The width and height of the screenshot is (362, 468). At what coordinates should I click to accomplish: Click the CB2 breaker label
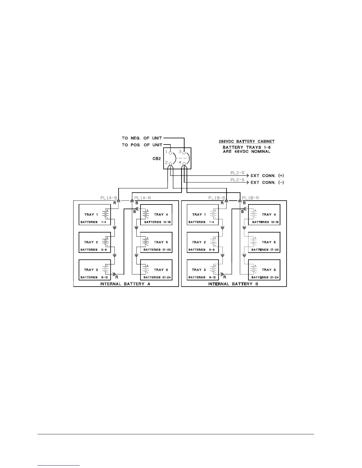pos(157,158)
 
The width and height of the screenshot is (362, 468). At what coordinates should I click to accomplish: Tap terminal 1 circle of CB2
pos(170,153)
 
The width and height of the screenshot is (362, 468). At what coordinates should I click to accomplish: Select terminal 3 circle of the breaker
pos(184,153)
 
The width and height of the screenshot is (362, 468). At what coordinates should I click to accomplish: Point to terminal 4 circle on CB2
pos(184,163)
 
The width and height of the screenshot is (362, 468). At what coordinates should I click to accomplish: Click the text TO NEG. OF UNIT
pos(142,138)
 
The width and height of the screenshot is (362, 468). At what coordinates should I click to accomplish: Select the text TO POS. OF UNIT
pos(142,145)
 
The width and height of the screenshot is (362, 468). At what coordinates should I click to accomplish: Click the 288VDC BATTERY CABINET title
pos(246,142)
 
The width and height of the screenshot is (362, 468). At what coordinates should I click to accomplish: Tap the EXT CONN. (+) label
pos(267,176)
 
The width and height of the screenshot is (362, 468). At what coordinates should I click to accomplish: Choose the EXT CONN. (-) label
pos(267,183)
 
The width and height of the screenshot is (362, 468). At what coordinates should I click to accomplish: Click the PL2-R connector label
pos(237,173)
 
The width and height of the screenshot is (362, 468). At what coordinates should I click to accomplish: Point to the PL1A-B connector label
pos(109,198)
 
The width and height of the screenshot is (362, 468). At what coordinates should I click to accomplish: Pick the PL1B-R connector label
pos(251,198)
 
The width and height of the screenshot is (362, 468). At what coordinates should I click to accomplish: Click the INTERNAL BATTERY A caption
pos(125,284)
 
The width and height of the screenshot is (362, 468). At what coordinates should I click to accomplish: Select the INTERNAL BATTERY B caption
pos(233,284)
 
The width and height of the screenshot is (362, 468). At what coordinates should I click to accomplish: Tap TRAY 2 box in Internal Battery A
pos(95,242)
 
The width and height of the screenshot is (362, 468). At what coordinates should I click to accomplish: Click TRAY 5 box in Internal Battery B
pos(264,242)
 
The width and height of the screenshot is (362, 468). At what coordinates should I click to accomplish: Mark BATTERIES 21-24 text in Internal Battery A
pos(158,277)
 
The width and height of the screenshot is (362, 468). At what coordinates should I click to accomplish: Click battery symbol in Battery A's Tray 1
pos(106,214)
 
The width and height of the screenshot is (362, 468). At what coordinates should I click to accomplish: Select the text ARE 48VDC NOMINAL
pos(246,152)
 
